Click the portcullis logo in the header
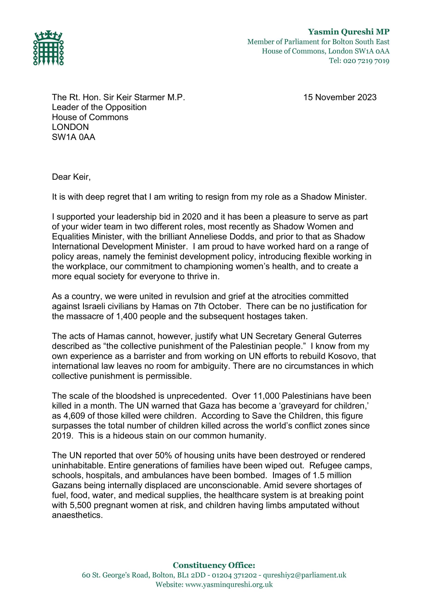pyautogui.click(x=48, y=48)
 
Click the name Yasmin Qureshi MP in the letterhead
pyautogui.click(x=349, y=32)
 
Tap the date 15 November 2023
pyautogui.click(x=340, y=97)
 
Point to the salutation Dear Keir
pyautogui.click(x=71, y=177)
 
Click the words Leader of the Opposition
pyautogui.click(x=99, y=107)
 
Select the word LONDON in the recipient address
pyautogui.click(x=70, y=127)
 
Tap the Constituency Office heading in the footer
pyautogui.click(x=214, y=565)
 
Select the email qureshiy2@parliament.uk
pyautogui.click(x=304, y=575)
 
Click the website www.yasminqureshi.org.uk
pyautogui.click(x=229, y=584)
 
